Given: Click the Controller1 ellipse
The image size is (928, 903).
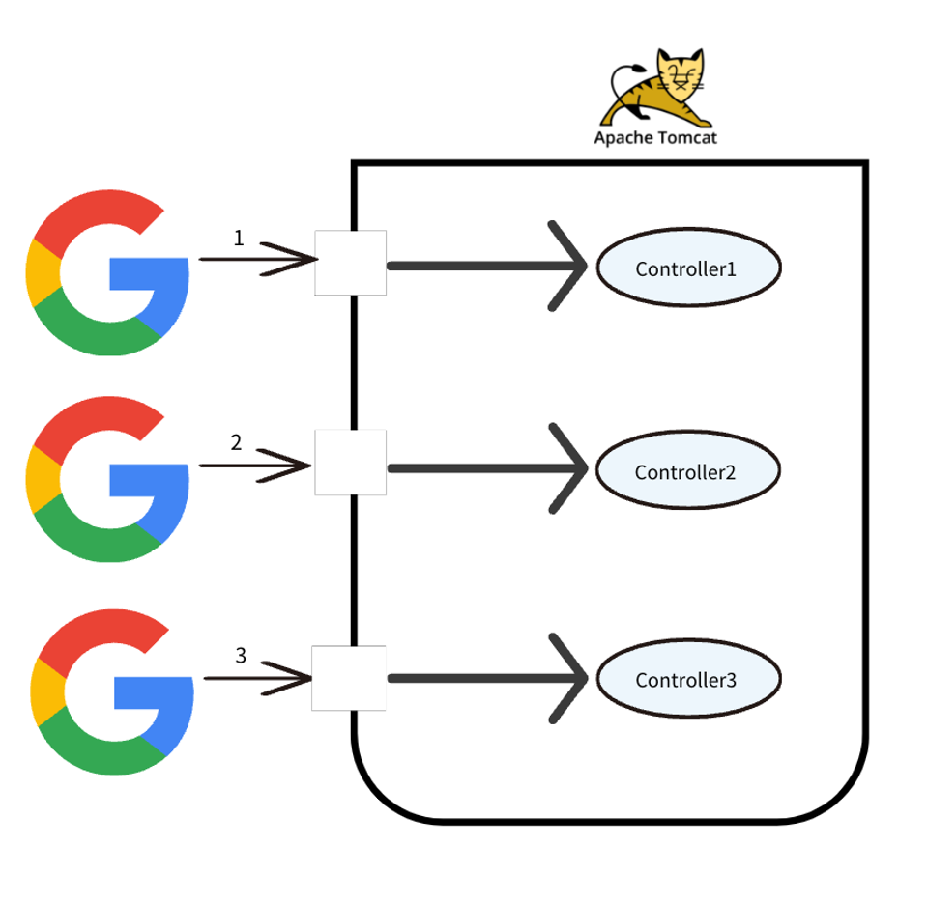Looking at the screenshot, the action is click(687, 268).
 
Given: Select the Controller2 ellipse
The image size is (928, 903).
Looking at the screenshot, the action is click(687, 471).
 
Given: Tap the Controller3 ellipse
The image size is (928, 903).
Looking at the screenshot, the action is click(687, 679).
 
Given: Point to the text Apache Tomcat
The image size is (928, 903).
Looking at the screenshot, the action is click(655, 138).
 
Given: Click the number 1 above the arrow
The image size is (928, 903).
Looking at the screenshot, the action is click(239, 238).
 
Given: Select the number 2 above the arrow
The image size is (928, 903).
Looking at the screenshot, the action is click(237, 442).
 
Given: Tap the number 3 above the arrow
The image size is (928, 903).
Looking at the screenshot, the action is click(241, 656).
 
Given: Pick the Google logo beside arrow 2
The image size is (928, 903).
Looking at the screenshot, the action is click(106, 480).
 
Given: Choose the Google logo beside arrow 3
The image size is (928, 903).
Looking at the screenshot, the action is click(110, 691).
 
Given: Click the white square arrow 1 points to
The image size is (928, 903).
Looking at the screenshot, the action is click(351, 263).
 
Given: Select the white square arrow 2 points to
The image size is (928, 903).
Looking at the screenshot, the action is click(351, 464).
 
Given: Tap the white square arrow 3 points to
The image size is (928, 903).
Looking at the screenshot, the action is click(349, 678).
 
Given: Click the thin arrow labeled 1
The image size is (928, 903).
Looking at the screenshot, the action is click(257, 260).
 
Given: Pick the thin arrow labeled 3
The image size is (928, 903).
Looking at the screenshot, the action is click(257, 679).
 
